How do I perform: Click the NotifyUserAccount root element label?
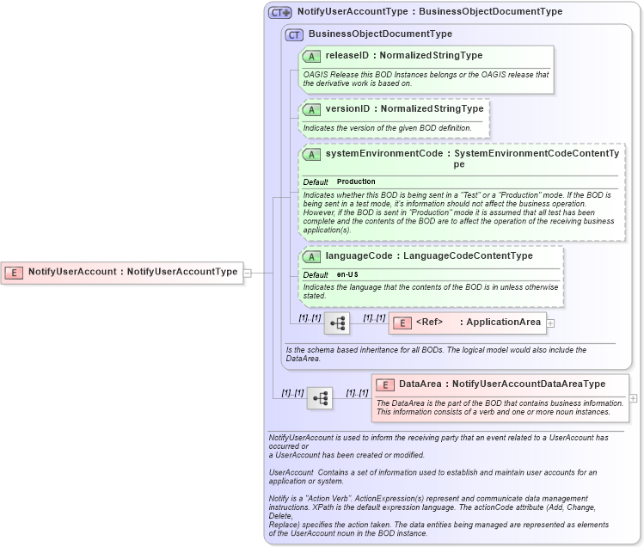[132, 272]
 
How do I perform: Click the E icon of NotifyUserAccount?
[14, 273]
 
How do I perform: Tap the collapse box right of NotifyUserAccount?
[248, 273]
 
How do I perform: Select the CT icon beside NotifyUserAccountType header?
[280, 13]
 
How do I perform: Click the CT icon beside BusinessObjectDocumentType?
[294, 35]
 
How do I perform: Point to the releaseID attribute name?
[347, 55]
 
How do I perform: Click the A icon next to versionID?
[311, 110]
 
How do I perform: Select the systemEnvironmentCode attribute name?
[383, 153]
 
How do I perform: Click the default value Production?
[356, 182]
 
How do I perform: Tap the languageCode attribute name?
[359, 255]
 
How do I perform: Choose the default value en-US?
[347, 274]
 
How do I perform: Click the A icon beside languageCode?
[311, 256]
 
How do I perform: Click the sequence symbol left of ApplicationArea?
[336, 323]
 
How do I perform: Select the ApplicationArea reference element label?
[479, 323]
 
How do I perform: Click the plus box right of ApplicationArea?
[551, 323]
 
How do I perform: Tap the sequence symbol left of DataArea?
[319, 398]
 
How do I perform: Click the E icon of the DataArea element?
[386, 384]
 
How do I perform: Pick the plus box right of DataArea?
[634, 398]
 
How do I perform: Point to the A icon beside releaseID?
[311, 56]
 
